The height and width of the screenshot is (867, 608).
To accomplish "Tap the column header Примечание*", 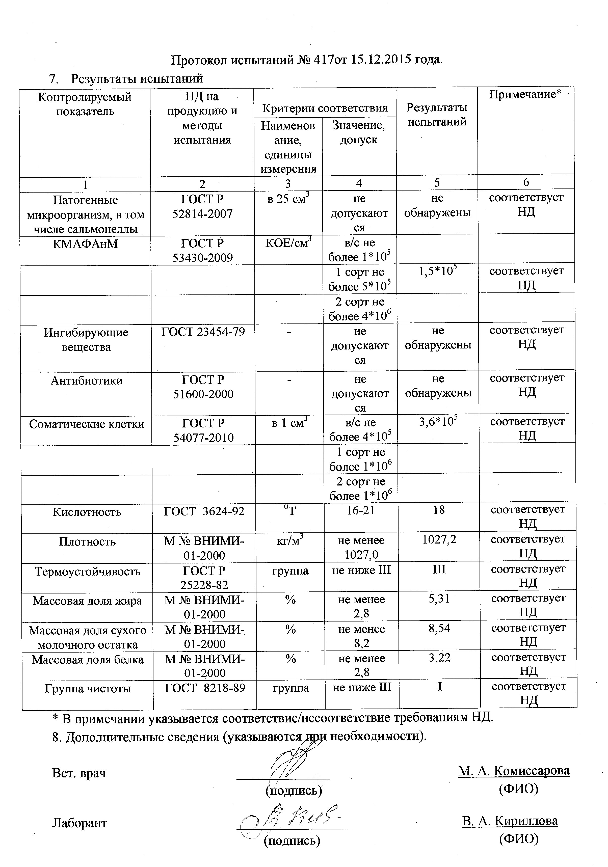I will click(525, 94).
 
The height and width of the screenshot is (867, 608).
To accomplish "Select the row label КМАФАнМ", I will click(85, 244).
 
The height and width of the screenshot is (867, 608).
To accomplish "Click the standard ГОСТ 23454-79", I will click(203, 332).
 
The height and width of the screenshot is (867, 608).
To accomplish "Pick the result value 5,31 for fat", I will click(439, 599).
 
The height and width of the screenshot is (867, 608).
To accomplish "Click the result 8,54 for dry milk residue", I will click(439, 628).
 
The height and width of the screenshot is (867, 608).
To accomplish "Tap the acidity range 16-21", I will click(361, 510).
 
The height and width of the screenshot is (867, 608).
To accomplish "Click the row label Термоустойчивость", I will click(88, 571).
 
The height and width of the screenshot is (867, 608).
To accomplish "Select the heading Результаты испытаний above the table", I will click(137, 78).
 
